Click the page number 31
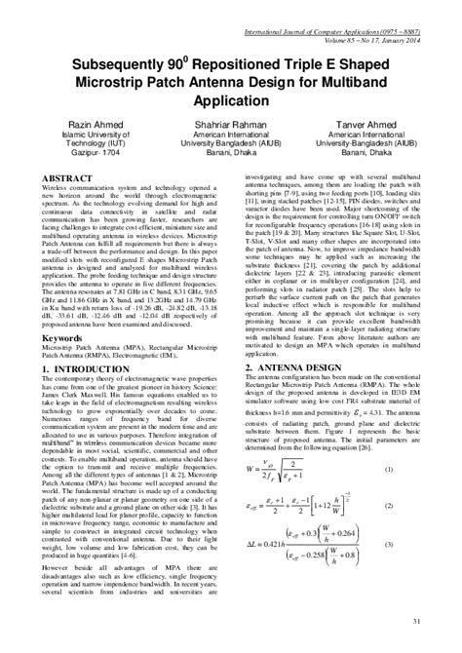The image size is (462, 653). coord(416,621)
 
